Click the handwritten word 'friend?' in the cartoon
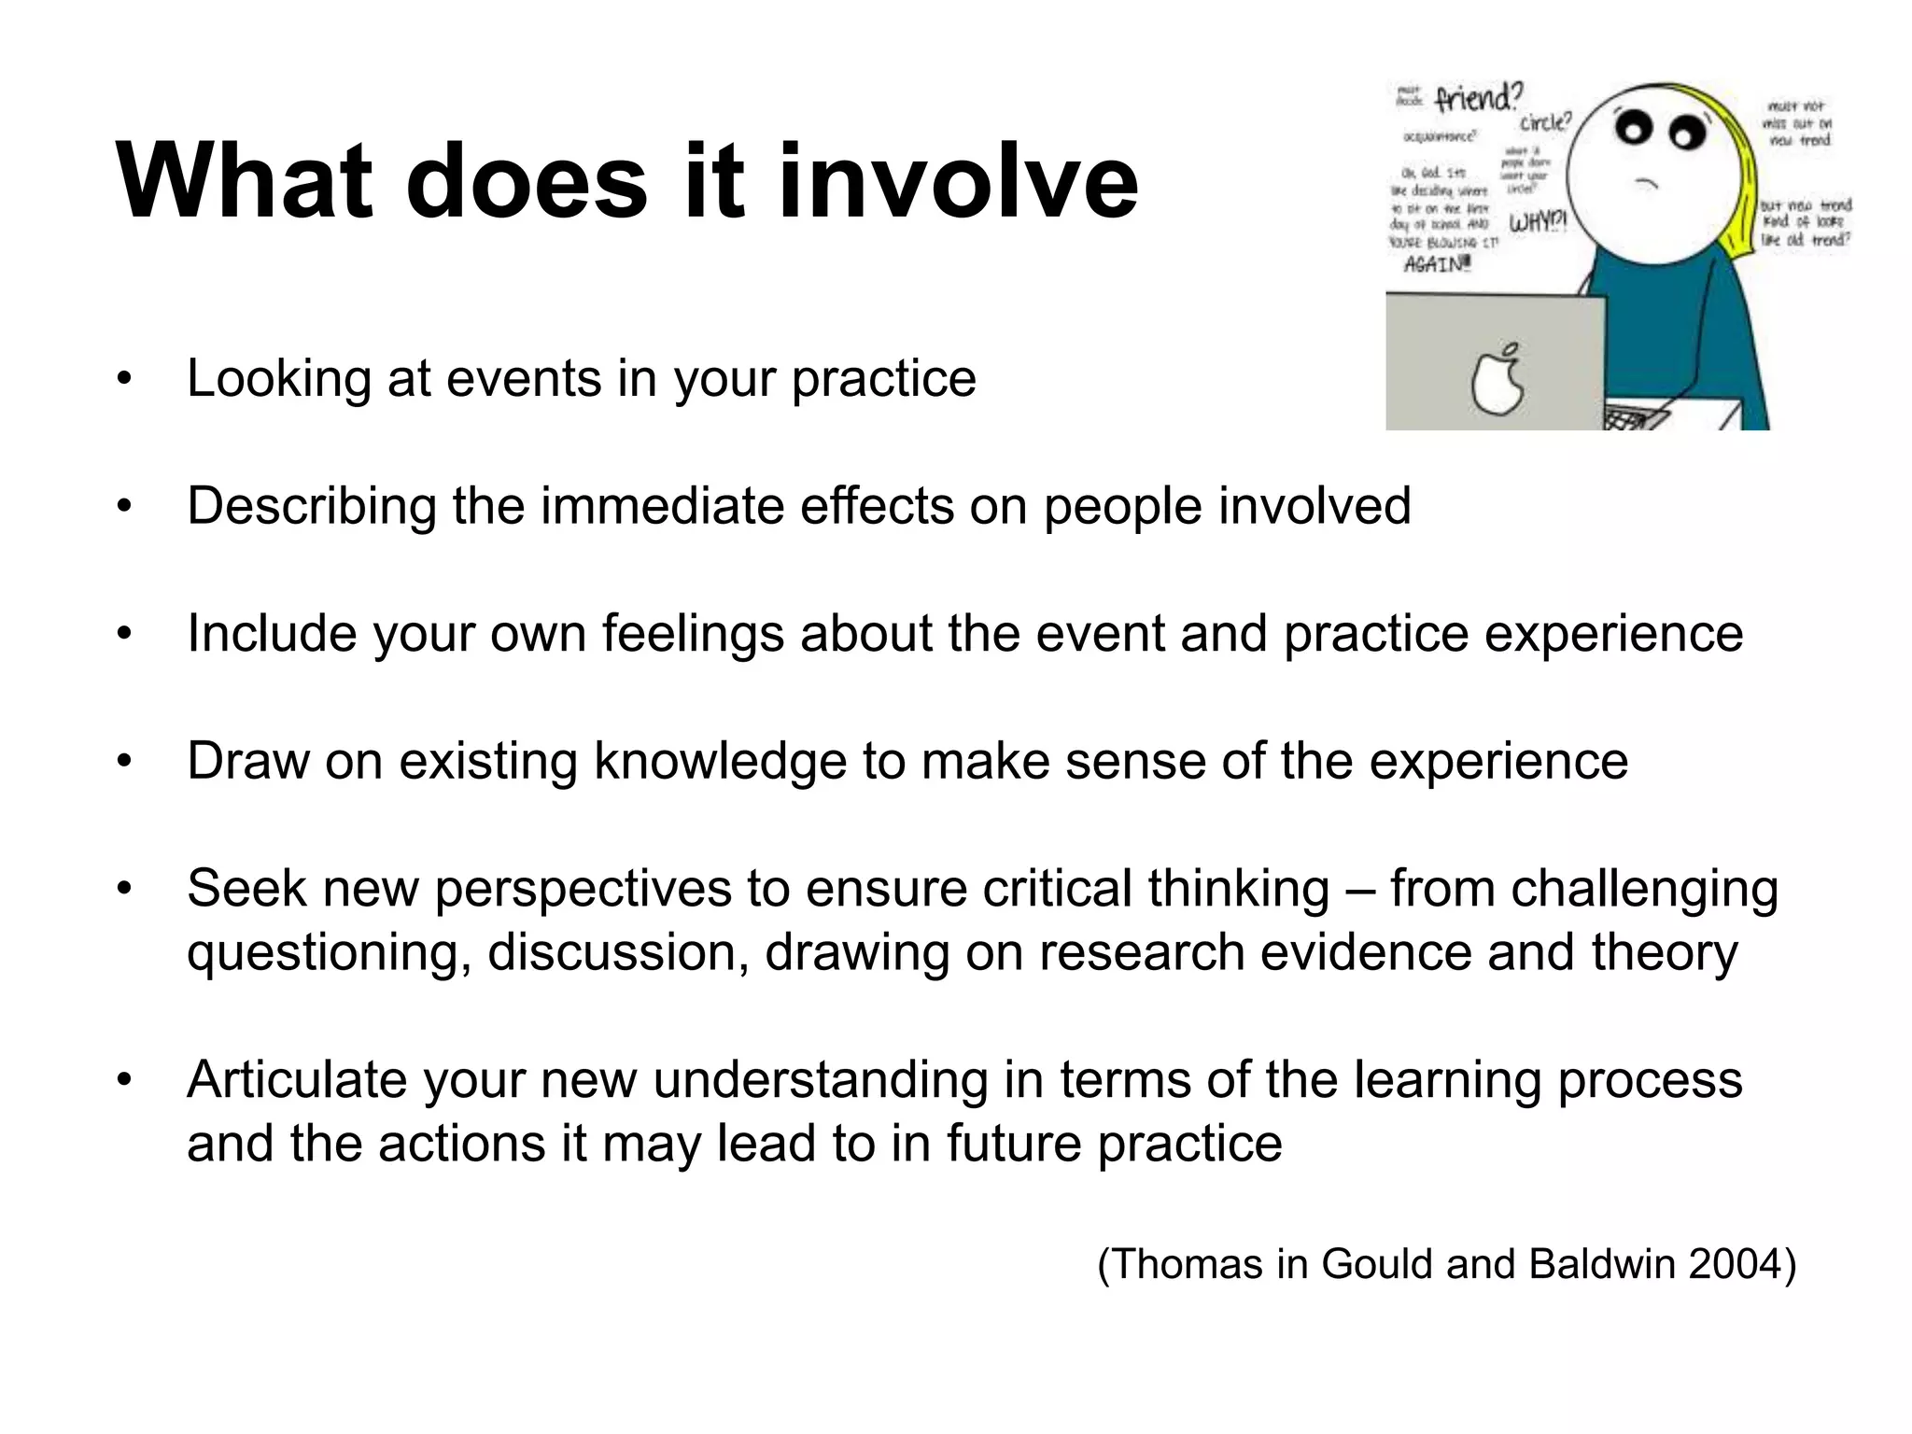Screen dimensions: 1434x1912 click(x=1478, y=97)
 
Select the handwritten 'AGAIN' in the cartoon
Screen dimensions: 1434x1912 click(x=1438, y=264)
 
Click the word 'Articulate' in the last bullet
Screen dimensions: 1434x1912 click(x=297, y=1080)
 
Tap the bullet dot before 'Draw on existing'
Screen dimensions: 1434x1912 click(x=124, y=761)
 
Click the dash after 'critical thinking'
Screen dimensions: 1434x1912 click(x=1360, y=890)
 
